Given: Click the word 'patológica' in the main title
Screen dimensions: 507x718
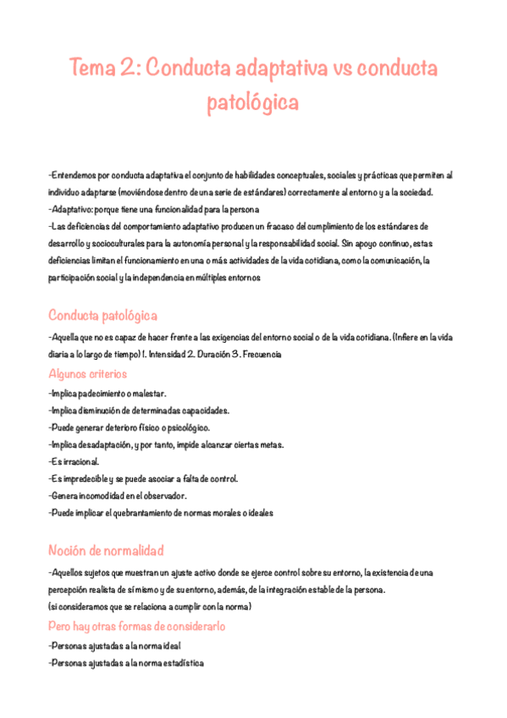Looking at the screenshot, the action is click(x=253, y=103).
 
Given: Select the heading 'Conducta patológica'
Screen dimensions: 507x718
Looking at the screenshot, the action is click(x=102, y=316).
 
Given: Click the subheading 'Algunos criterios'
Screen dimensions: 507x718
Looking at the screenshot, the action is click(x=88, y=373).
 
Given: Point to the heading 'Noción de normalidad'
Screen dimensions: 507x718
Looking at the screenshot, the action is click(x=106, y=550).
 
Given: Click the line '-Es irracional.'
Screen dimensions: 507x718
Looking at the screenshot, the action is click(x=74, y=461).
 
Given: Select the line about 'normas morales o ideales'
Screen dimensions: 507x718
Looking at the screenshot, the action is click(x=160, y=512).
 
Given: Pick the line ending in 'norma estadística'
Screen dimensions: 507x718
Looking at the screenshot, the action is click(x=126, y=663).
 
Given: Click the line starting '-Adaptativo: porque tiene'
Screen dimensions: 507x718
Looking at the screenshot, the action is click(x=154, y=209).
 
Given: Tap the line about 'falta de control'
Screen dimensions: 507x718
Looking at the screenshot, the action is click(x=143, y=478).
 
